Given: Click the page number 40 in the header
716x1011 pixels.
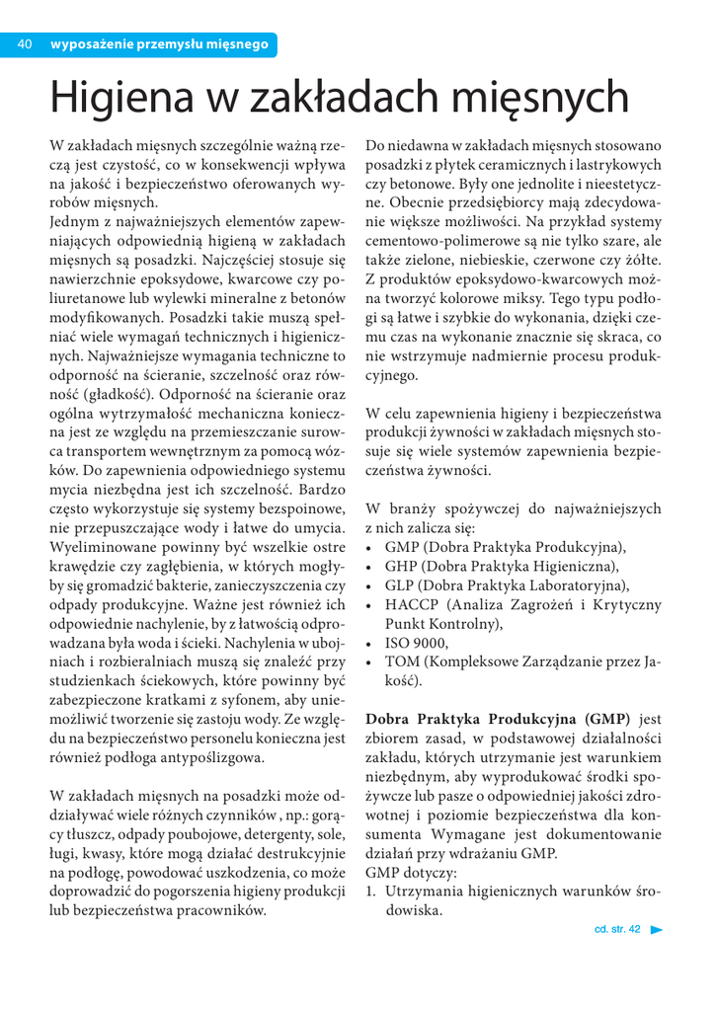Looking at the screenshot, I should coord(27,44).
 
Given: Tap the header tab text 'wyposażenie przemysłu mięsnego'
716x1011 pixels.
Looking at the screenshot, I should coord(159,44).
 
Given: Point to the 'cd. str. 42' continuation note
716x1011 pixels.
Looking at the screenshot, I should coord(617,930).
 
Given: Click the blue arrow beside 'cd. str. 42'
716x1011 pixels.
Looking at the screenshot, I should coord(657,930).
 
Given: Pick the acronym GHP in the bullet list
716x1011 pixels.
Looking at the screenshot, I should coord(402,566).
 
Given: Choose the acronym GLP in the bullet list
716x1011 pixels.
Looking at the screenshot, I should coord(401,584).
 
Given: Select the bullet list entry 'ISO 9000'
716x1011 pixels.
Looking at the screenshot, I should coord(416,643).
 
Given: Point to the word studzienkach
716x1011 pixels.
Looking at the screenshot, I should coord(94,680).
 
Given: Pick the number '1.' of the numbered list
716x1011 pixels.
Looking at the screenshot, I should coord(371,892).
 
